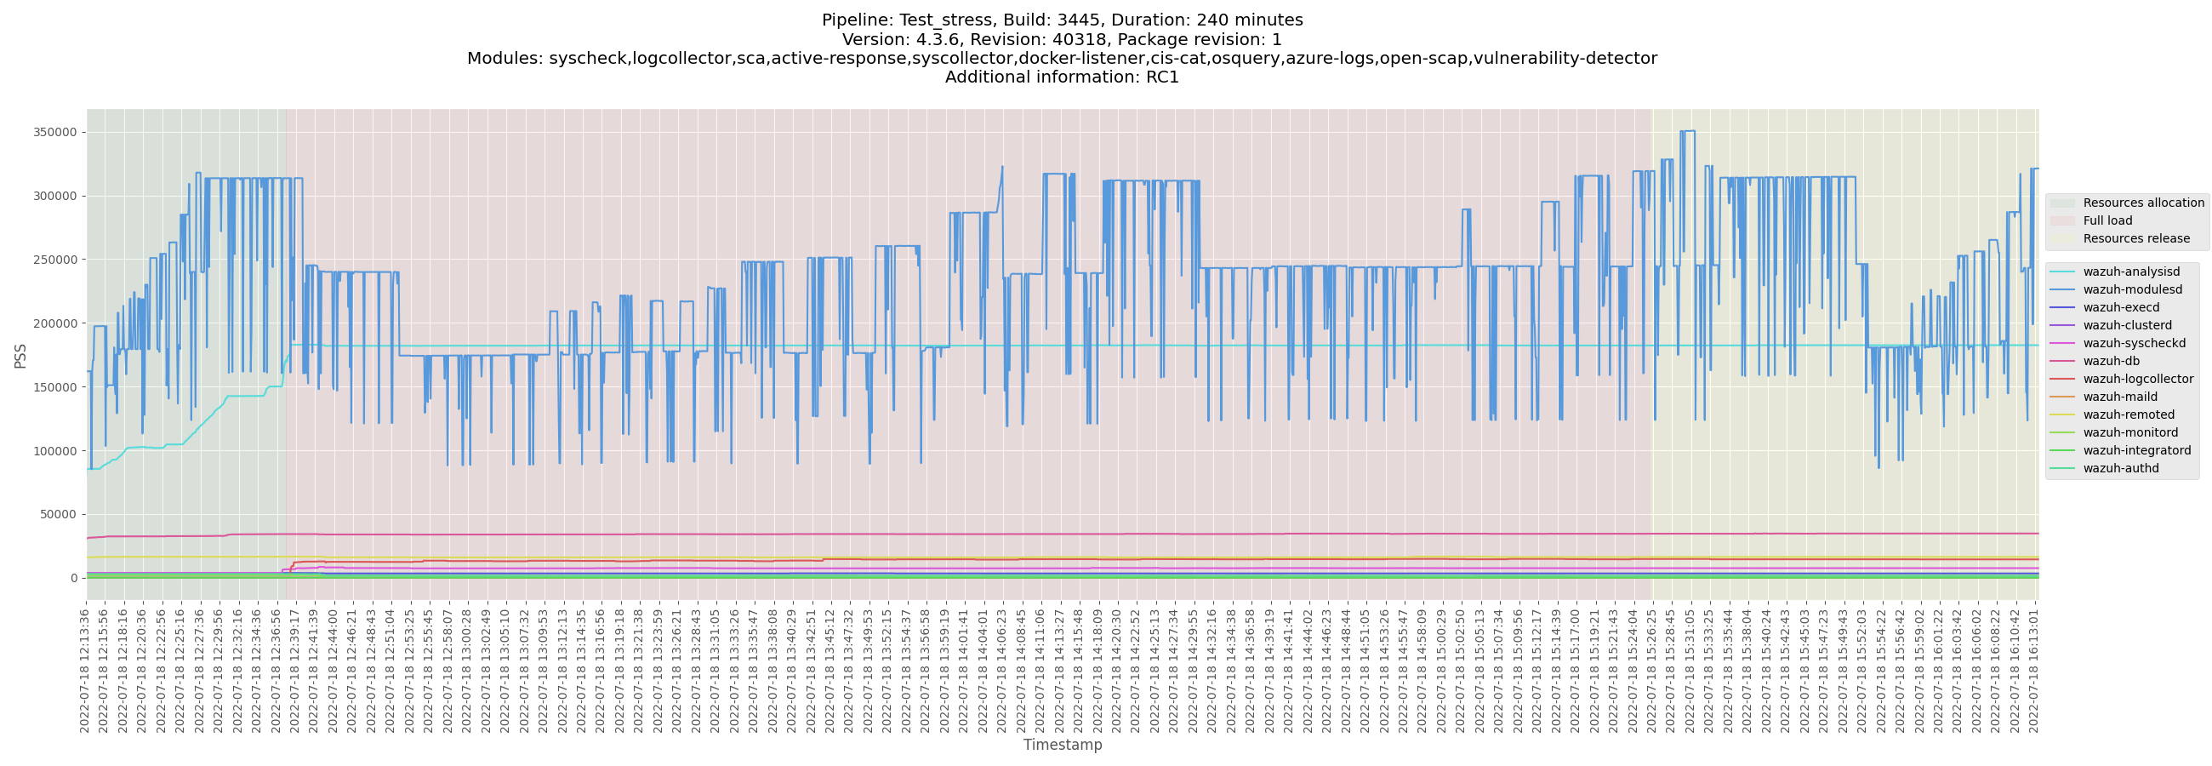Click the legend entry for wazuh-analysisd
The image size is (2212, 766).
(x=2130, y=272)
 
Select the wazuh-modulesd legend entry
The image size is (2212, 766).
(x=2132, y=289)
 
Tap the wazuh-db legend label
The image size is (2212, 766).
(x=2111, y=361)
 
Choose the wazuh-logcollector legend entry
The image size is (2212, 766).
(x=2137, y=379)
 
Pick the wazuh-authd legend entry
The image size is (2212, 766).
(x=2120, y=468)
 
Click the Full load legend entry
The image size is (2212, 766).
(x=2107, y=220)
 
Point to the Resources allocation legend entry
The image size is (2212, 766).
(x=2142, y=203)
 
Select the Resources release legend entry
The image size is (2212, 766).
(x=2135, y=238)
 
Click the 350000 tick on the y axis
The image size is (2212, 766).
(x=55, y=132)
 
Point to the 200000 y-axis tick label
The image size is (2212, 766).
(x=55, y=323)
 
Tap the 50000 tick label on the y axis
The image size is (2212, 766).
(x=59, y=514)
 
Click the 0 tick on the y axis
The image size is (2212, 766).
(x=73, y=578)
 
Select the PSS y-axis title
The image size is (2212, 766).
(x=20, y=356)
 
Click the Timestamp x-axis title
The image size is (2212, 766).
(x=1063, y=745)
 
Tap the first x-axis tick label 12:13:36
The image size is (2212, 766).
(x=84, y=670)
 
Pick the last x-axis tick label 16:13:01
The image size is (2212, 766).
(x=2033, y=670)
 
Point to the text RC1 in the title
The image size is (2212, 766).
(x=1160, y=77)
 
